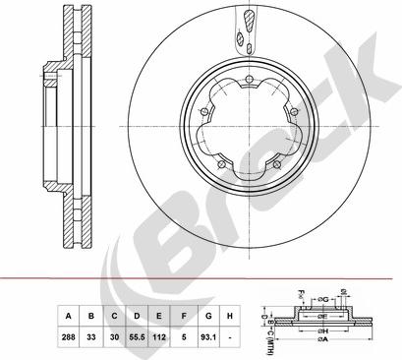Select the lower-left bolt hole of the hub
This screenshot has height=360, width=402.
[223, 162]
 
